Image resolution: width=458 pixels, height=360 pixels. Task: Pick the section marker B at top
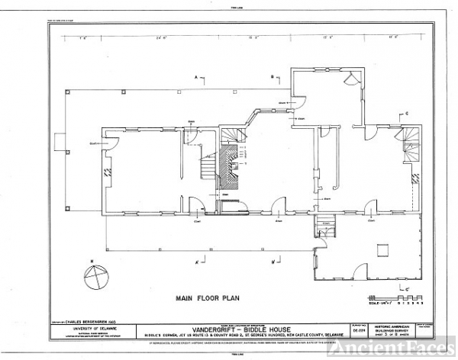point(272,78)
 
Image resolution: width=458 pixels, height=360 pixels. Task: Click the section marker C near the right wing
point(407,114)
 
